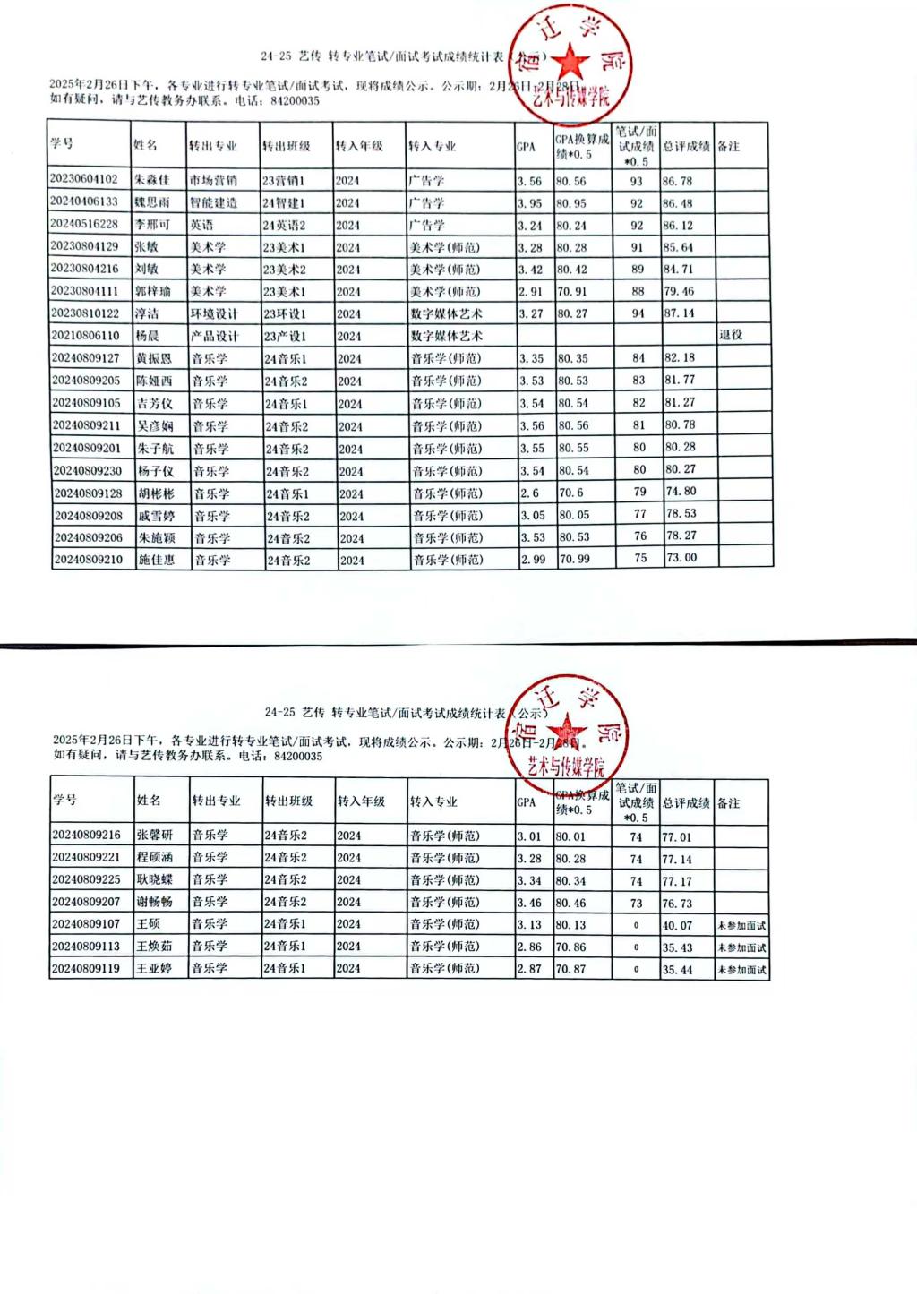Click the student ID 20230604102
click(84, 179)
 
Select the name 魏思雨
click(151, 202)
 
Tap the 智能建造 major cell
click(213, 202)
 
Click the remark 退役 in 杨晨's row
click(731, 335)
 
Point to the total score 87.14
click(678, 313)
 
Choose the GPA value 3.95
click(529, 203)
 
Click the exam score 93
click(637, 181)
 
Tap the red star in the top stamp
click(570, 63)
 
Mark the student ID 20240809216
click(86, 835)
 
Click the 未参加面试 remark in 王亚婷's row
click(741, 970)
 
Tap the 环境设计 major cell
click(214, 313)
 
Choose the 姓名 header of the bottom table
click(149, 801)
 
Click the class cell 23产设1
click(286, 336)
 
